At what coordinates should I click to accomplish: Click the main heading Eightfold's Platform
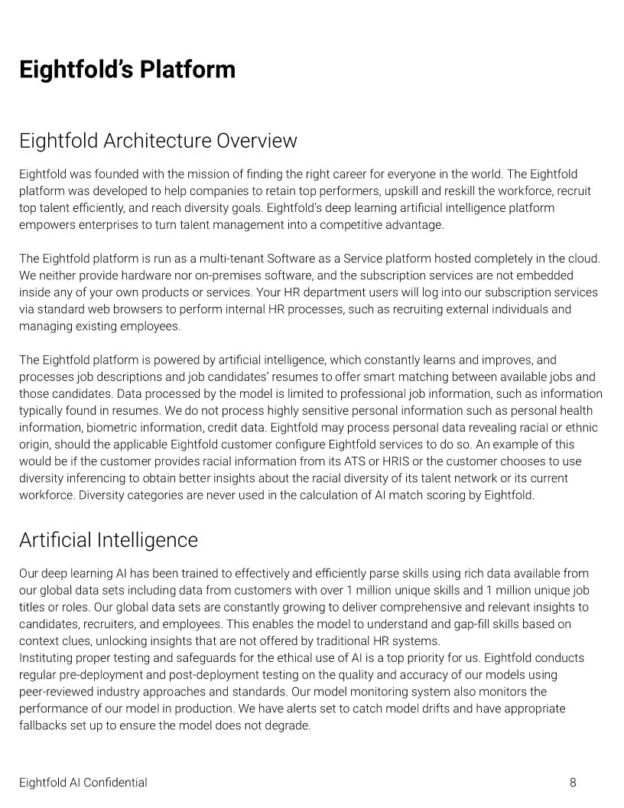pos(127,70)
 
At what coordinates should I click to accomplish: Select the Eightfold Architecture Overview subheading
pos(158,141)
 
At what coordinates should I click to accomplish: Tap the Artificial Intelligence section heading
pos(108,540)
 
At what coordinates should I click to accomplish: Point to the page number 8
pos(573,782)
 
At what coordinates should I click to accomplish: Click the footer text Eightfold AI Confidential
pos(83,782)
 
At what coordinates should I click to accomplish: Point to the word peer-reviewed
pos(54,692)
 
